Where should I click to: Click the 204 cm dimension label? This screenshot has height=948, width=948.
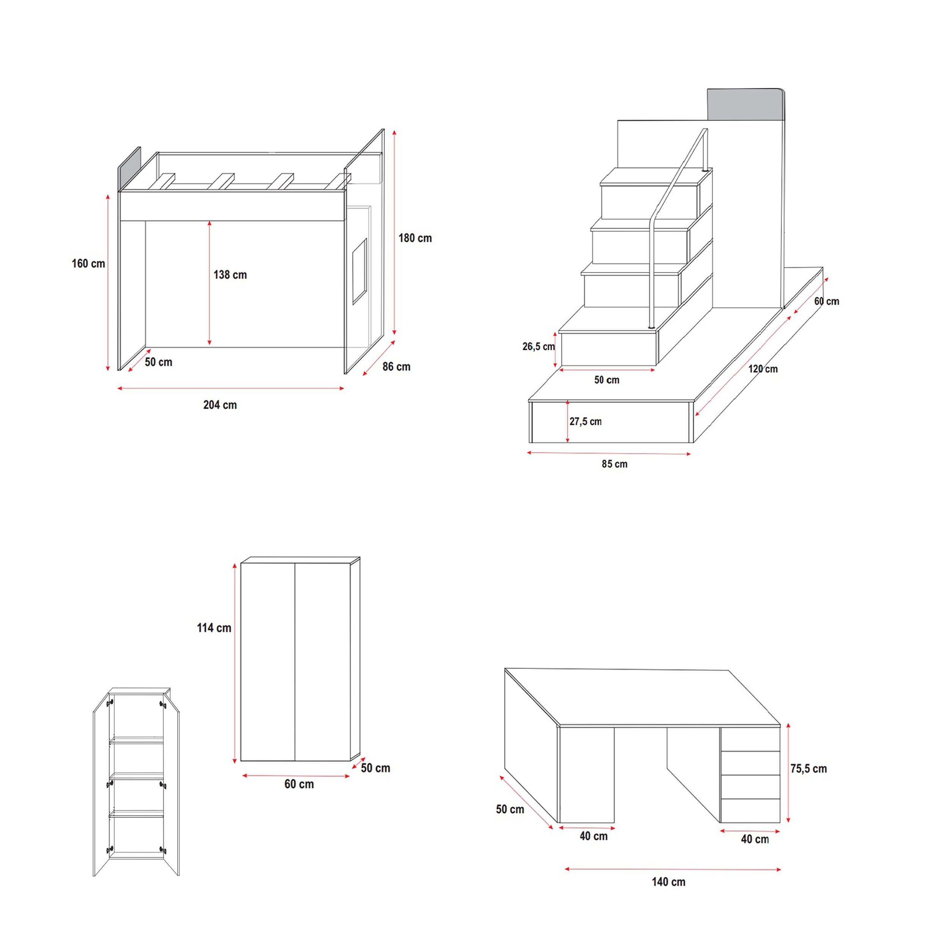point(220,405)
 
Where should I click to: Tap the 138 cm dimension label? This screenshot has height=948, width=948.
point(230,275)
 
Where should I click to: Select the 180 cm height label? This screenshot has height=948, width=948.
point(415,238)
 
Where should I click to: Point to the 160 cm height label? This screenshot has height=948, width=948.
point(88,264)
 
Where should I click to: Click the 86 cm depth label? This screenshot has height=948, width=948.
point(397,367)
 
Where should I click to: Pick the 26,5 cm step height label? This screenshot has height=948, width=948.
point(538,347)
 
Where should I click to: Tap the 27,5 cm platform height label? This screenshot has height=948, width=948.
point(585,422)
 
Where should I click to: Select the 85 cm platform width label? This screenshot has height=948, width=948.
point(614,464)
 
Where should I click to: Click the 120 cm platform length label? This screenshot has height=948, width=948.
point(763,369)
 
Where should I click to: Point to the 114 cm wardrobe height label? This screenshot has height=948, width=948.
point(214,628)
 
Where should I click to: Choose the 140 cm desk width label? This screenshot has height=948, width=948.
point(668,882)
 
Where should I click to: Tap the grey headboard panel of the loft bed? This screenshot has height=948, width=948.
point(129,169)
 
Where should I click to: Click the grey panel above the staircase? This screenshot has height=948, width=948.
point(746,105)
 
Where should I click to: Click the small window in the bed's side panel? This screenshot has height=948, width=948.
point(359,272)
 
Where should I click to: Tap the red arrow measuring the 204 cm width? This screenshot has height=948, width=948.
point(231,388)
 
